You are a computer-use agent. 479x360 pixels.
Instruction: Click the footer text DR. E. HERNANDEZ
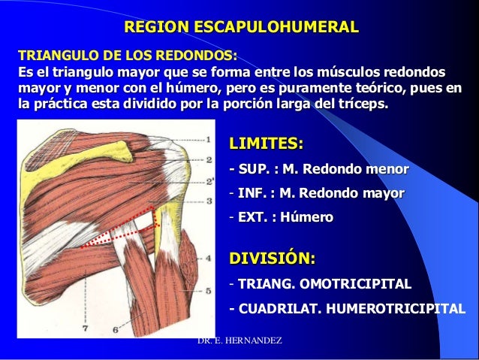click(x=239, y=342)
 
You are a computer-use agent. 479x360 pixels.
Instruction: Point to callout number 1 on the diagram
click(x=209, y=139)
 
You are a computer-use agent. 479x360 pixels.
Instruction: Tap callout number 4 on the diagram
click(x=208, y=258)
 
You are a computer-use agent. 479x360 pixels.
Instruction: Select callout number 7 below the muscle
click(x=84, y=329)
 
